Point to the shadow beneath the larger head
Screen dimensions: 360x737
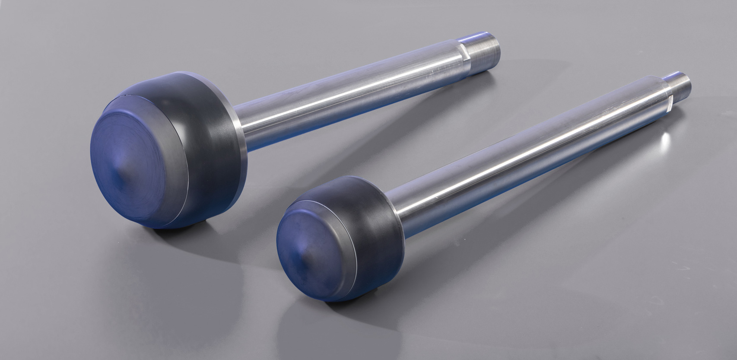click(181, 233)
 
